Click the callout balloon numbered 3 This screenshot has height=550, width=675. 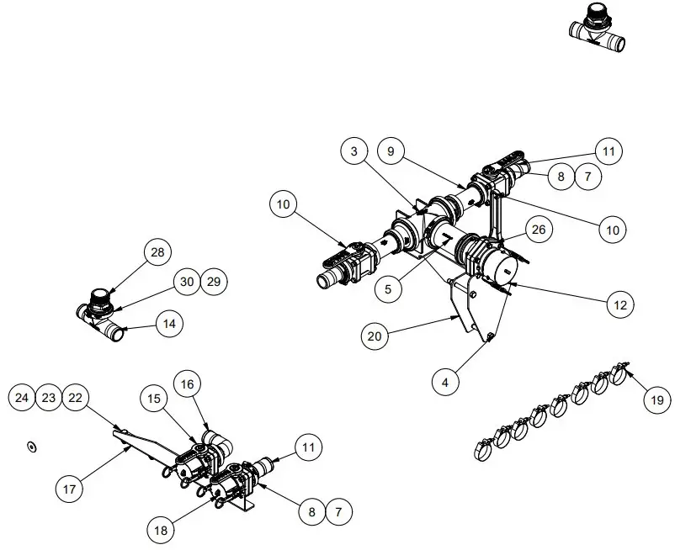[355, 151]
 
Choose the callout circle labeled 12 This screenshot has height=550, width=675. [620, 304]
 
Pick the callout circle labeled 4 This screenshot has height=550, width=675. [445, 381]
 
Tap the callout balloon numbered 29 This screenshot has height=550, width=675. [214, 282]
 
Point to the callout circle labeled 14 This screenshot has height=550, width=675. [169, 322]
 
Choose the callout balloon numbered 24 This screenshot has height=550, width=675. [24, 398]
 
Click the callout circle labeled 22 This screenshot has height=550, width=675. [76, 398]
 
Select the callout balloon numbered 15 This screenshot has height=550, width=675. [154, 398]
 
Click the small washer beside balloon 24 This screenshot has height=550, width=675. [31, 447]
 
